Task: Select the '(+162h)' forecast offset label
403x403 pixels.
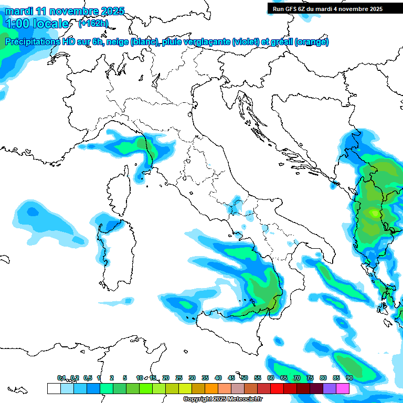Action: [x=93, y=23]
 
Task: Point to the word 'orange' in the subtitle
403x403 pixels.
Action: [x=313, y=42]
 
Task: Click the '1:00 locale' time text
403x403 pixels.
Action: [x=37, y=24]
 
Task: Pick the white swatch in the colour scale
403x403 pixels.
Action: [x=54, y=388]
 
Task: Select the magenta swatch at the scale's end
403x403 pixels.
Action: [x=343, y=388]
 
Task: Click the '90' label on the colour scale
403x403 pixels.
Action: [x=349, y=378]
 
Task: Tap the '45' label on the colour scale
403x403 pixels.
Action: [x=231, y=378]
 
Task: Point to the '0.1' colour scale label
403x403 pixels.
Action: [x=61, y=378]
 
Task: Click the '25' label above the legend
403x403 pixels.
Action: [x=179, y=378]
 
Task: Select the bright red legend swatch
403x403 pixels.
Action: [x=277, y=388]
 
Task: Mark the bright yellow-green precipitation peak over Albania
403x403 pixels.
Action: [x=374, y=213]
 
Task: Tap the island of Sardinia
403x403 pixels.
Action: [x=113, y=249]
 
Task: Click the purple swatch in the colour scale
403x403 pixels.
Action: [x=330, y=388]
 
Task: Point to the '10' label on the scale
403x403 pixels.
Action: [x=140, y=378]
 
